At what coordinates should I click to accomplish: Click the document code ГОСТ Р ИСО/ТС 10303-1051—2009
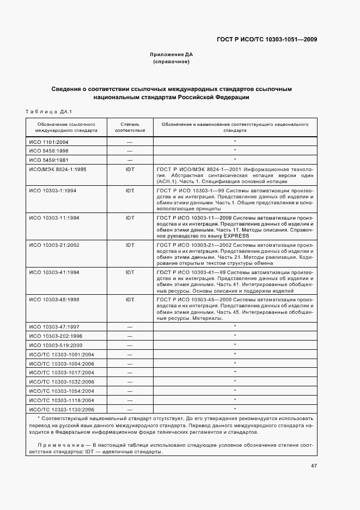click(x=267, y=39)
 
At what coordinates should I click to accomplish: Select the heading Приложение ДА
click(x=172, y=54)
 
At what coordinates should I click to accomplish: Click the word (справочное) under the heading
click(x=172, y=62)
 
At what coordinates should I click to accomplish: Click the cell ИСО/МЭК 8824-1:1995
click(x=57, y=169)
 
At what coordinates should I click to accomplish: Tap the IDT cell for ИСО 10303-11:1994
click(x=130, y=217)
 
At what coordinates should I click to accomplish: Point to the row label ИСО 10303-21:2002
click(x=54, y=245)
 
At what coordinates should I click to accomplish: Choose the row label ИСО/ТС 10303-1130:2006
click(x=61, y=409)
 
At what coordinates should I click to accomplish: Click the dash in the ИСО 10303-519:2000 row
click(x=130, y=345)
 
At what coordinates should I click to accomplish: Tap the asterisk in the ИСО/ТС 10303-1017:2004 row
click(x=234, y=372)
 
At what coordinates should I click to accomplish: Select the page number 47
click(x=314, y=466)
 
